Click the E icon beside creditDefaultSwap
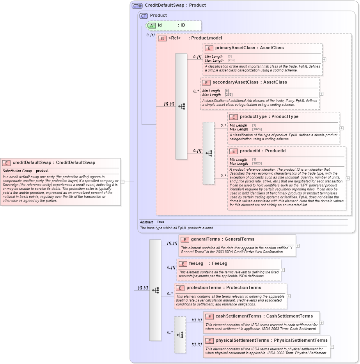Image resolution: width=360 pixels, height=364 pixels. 7,163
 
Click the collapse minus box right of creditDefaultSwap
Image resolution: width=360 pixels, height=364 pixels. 122,182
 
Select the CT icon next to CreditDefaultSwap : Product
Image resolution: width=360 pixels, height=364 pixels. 137,5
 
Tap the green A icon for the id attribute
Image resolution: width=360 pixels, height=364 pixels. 151,25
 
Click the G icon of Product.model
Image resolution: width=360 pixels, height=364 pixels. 162,38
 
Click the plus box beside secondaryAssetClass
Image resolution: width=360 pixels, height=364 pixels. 321,94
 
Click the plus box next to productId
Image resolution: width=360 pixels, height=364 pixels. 348,178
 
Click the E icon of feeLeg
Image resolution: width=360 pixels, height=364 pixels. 183,264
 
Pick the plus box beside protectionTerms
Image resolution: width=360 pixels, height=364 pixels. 289,296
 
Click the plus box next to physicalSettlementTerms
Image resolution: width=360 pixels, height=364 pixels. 332,347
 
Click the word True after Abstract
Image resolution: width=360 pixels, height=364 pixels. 160,222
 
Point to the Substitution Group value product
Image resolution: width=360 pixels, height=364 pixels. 42,171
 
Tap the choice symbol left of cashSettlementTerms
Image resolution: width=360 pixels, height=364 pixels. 180,335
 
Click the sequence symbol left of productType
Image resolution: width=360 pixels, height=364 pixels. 209,153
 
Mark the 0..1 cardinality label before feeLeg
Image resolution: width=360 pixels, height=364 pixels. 171,268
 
